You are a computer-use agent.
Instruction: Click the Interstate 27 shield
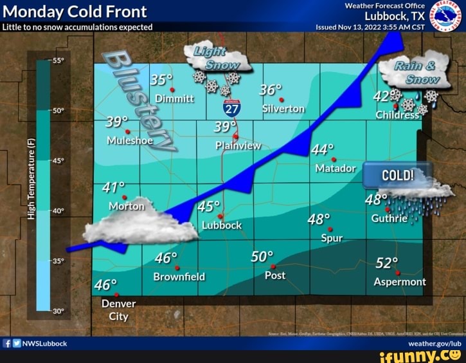[232, 108]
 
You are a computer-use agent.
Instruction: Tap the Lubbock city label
[222, 225]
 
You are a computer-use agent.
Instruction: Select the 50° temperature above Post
[262, 257]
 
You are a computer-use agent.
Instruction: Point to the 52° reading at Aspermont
[387, 263]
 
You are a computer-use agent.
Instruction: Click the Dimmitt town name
[173, 98]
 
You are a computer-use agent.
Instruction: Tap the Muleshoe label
[130, 140]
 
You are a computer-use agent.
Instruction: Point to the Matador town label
[336, 169]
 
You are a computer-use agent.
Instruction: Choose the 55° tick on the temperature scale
[57, 60]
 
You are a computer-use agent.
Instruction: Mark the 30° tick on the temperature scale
[57, 311]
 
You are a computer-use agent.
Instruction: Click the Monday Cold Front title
[75, 12]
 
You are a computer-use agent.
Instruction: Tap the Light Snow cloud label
[213, 58]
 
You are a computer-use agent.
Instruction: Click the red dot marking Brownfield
[177, 268]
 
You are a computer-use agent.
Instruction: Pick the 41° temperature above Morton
[113, 187]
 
